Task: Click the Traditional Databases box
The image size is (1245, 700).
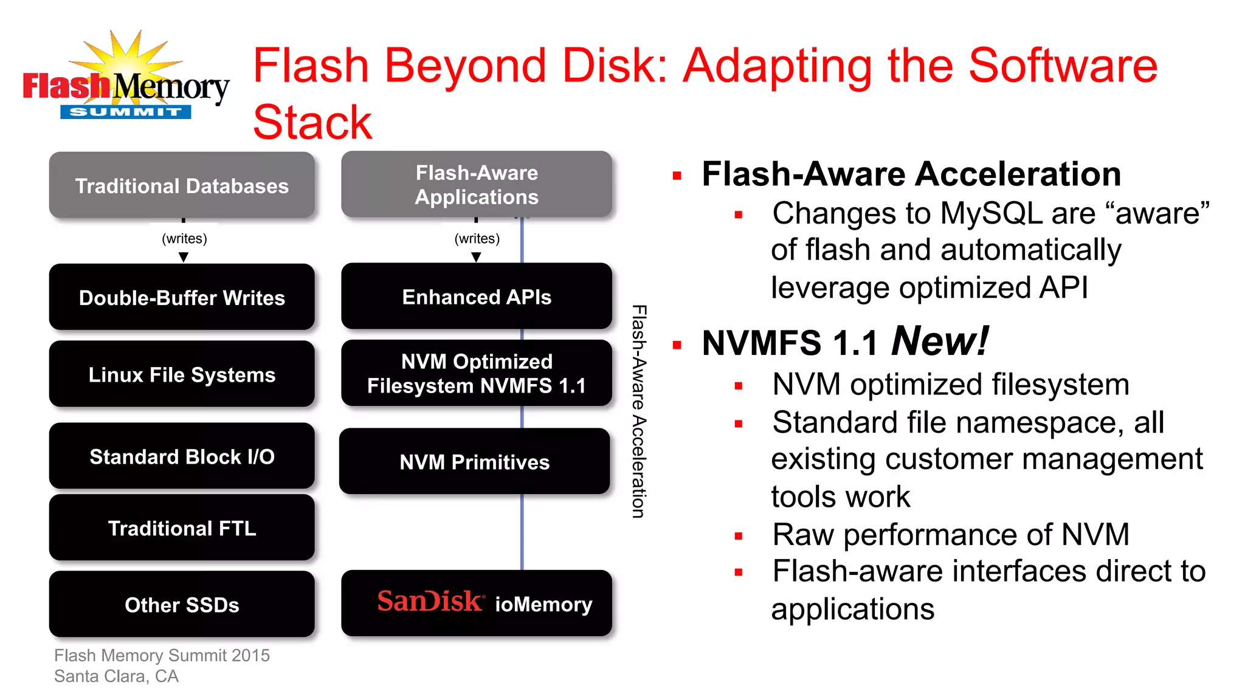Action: click(x=182, y=185)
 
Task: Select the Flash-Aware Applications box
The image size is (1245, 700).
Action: click(x=477, y=185)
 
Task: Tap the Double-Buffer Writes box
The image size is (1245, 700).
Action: click(x=182, y=297)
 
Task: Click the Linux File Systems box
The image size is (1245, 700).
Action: click(x=182, y=374)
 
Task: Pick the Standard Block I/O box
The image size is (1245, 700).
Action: click(x=182, y=456)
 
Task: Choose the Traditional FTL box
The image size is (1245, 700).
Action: click(x=182, y=528)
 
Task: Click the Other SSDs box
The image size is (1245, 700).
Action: click(x=182, y=605)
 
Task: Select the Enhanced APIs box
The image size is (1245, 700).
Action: click(x=477, y=297)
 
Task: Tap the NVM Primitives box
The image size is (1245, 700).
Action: click(x=474, y=462)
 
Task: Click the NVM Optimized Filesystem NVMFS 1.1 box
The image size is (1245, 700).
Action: click(x=477, y=373)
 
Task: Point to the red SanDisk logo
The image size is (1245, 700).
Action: click(x=430, y=601)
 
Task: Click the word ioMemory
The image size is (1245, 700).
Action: click(x=543, y=605)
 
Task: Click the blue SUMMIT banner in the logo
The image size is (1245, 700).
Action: click(x=125, y=112)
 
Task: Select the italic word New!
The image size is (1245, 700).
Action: click(x=939, y=341)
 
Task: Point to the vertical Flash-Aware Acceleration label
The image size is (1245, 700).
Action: click(x=638, y=411)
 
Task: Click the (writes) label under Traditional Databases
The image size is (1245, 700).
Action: click(x=184, y=239)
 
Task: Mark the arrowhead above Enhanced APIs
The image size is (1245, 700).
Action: click(x=476, y=257)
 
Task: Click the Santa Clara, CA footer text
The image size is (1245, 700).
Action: click(x=116, y=676)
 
